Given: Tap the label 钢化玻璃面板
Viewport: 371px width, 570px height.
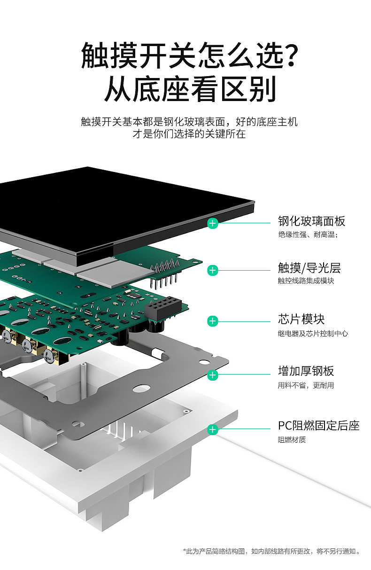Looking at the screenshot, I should pos(311,221).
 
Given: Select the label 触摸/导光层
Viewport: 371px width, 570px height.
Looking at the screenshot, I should pos(309,268).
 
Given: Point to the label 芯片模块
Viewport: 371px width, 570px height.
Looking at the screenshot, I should pos(301,320).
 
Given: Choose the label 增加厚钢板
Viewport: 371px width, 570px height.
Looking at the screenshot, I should pos(306,371).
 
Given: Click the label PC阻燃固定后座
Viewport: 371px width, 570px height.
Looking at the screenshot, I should pos(318,426).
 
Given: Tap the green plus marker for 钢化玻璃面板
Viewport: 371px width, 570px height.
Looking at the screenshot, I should pos(213,223).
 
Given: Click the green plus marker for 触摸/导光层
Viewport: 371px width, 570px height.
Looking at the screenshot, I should pos(213,270).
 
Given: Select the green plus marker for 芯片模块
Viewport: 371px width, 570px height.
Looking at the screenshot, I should pos(213,321).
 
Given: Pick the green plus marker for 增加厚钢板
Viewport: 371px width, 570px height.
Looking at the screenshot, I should pos(213,375).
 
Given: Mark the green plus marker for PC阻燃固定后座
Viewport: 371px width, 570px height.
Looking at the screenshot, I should pos(213,429).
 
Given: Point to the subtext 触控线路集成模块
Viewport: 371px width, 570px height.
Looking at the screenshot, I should pos(305,281).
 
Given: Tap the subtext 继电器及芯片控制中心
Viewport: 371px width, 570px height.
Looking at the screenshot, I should pos(312,333).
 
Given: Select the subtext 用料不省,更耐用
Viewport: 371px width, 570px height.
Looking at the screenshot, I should pos(306,385).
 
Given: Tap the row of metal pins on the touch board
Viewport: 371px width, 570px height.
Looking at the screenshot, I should pos(165,273).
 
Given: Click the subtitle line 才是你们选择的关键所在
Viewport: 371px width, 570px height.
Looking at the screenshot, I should pos(189,134).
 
